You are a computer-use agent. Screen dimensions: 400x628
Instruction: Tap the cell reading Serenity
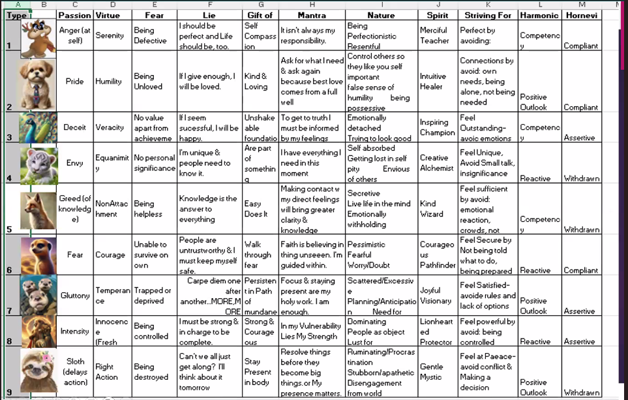[x=109, y=35]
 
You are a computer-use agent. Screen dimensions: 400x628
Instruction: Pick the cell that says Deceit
[x=74, y=127]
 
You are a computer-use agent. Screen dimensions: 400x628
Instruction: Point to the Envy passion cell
[x=74, y=162]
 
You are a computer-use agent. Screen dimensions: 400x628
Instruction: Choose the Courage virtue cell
[x=110, y=254]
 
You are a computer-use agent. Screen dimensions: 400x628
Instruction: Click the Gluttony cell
[x=74, y=296]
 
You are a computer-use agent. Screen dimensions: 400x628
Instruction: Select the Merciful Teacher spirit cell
[x=434, y=35]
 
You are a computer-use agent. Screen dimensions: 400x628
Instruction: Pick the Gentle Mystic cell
[x=433, y=371]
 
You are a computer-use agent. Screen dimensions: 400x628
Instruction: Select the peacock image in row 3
[x=38, y=127]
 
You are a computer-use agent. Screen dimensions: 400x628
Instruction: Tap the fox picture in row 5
[x=38, y=209]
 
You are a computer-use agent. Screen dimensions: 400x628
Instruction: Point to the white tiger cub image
[x=38, y=163]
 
